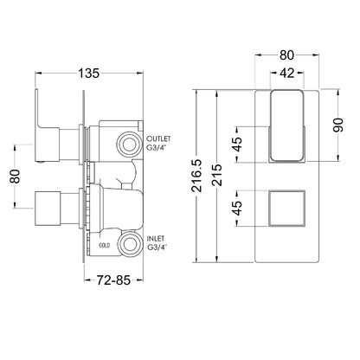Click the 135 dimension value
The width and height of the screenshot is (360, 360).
(x=88, y=73)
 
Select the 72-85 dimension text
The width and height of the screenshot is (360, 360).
(x=113, y=280)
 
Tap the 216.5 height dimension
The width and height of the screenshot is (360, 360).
(x=197, y=176)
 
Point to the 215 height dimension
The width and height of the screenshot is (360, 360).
(x=218, y=175)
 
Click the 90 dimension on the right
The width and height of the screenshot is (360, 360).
(x=338, y=125)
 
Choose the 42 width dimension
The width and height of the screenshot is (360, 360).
(x=287, y=73)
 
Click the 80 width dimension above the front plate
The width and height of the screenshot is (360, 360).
(x=286, y=55)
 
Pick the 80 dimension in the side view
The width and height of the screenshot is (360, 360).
(x=15, y=176)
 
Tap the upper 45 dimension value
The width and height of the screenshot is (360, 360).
(x=238, y=145)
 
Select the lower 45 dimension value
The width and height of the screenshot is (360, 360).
(x=238, y=208)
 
